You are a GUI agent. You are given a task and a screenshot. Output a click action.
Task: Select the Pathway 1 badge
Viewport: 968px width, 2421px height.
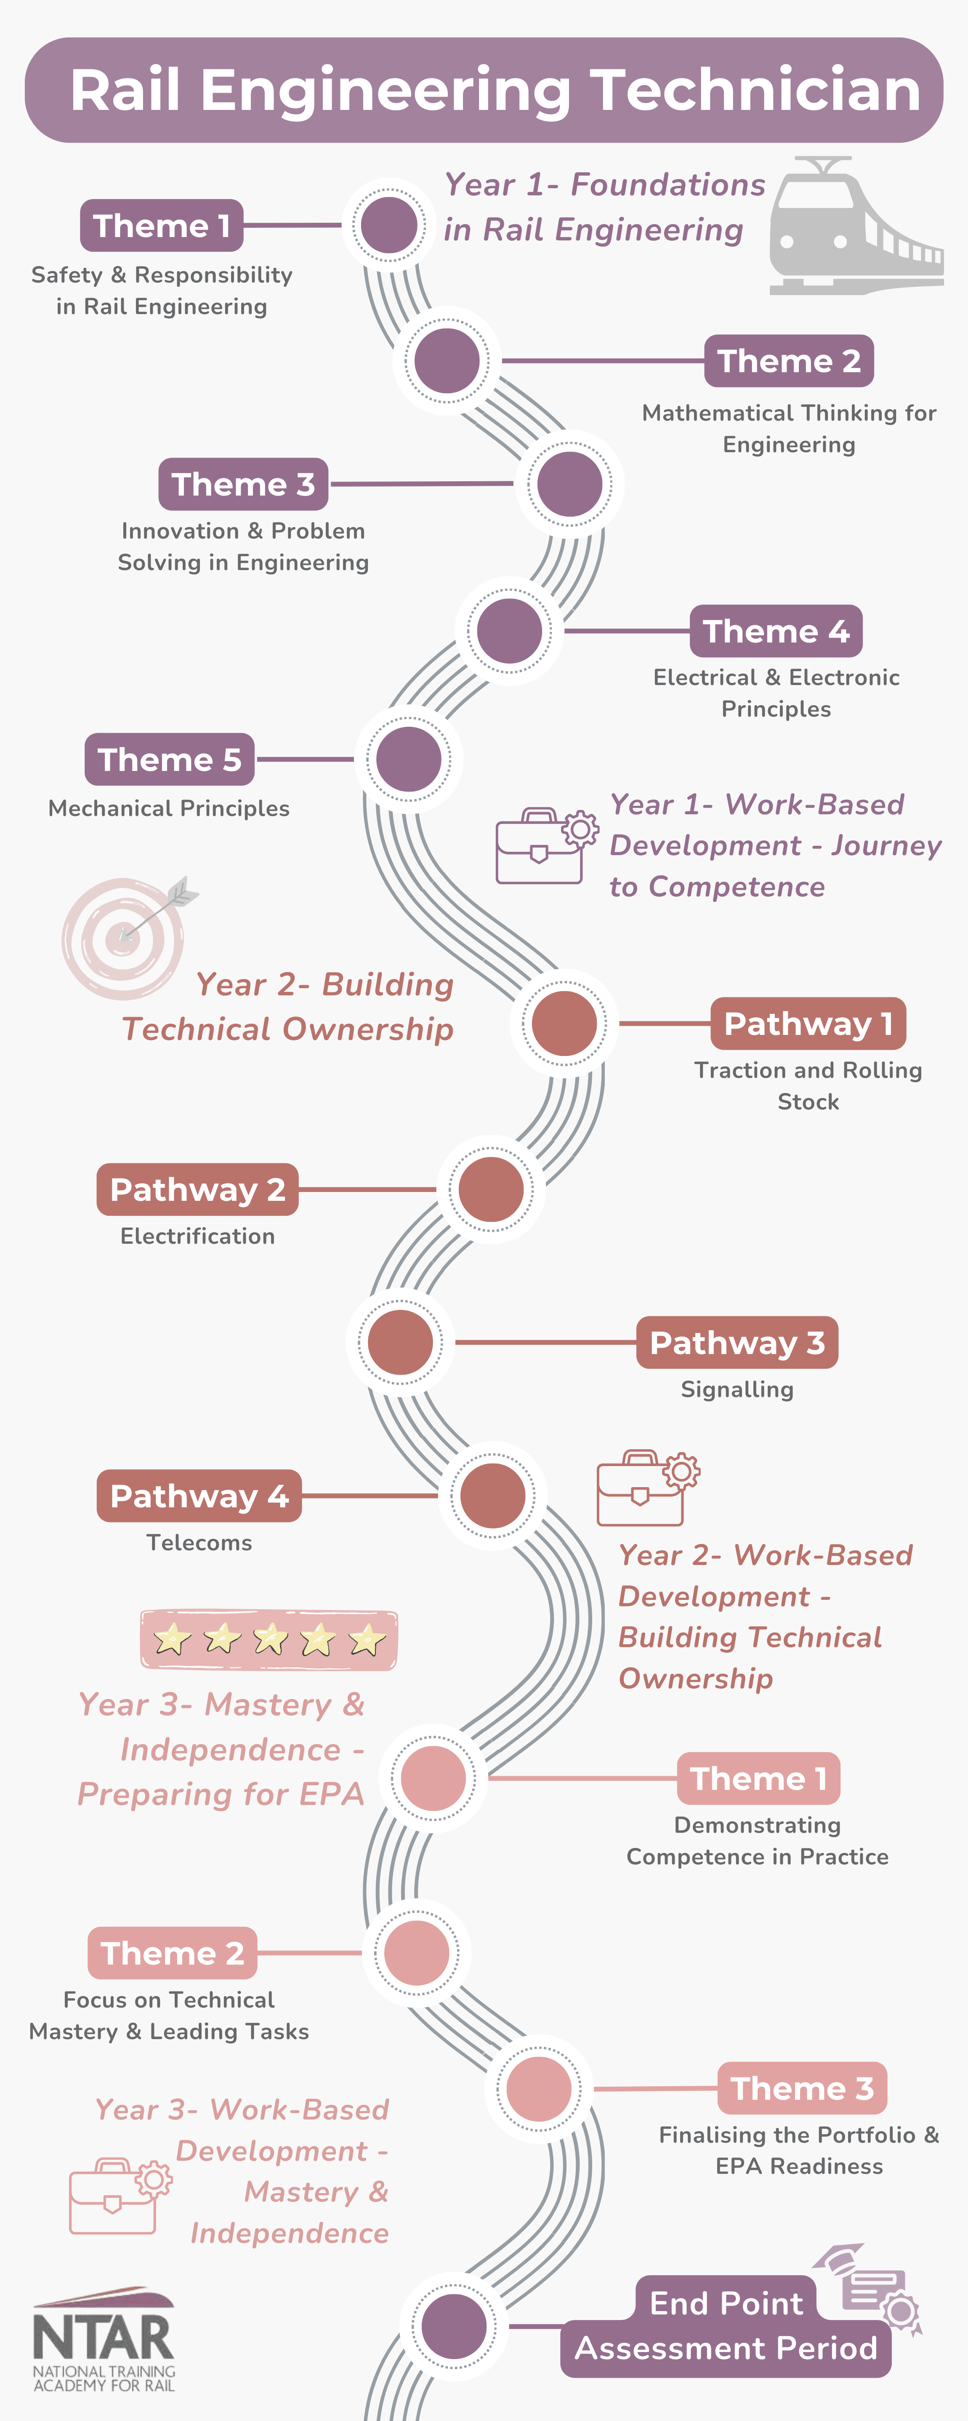[807, 1024]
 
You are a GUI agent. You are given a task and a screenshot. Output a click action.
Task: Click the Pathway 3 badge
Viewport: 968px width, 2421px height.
[737, 1342]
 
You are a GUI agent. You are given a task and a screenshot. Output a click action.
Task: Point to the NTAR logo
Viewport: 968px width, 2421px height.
[104, 2340]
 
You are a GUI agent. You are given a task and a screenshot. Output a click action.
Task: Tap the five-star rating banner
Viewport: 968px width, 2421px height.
[269, 1639]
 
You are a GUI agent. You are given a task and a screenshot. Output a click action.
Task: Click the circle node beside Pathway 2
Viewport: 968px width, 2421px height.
[491, 1189]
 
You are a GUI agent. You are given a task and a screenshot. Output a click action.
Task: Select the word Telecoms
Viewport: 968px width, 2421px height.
[199, 1542]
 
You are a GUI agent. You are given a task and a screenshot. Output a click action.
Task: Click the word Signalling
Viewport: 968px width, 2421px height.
[737, 1389]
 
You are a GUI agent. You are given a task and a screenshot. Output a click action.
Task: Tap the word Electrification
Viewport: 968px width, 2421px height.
[197, 1236]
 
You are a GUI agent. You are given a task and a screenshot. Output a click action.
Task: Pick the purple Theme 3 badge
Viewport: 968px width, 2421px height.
[242, 484]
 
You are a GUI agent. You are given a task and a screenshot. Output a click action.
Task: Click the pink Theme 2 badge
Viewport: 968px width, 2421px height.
[172, 1953]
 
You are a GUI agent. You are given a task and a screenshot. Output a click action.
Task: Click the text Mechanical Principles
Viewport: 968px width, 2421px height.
[169, 808]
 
